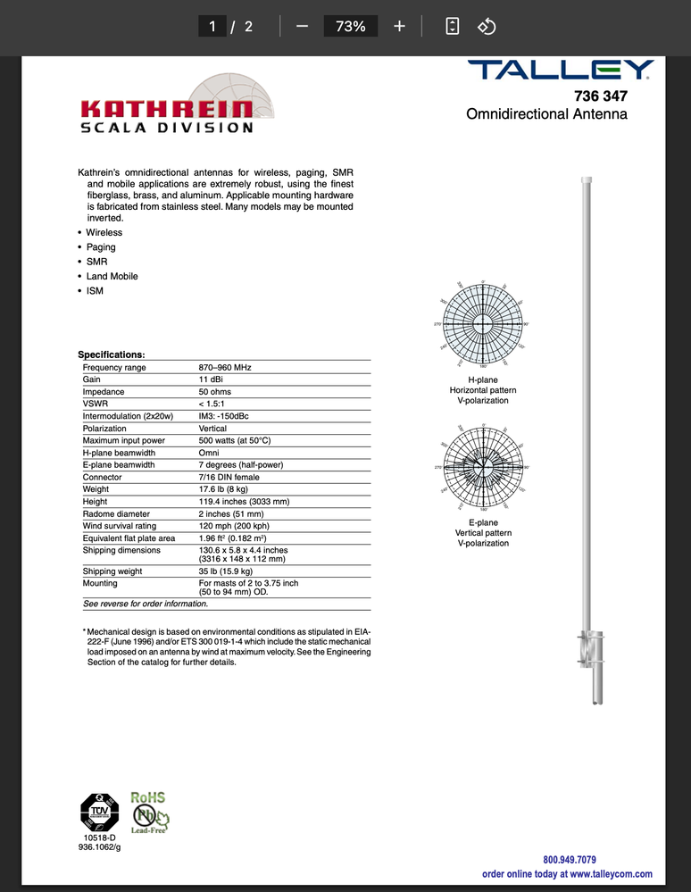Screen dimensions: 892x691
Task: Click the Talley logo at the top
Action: (x=562, y=70)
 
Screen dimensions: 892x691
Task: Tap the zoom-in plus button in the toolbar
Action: (x=399, y=27)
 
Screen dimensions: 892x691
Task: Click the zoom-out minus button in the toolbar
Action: (x=302, y=27)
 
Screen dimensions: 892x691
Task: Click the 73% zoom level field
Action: (x=350, y=27)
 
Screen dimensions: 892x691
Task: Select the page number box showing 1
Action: (x=212, y=27)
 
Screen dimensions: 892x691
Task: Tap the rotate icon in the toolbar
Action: (x=487, y=27)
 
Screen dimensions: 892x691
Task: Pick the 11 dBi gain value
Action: (x=211, y=379)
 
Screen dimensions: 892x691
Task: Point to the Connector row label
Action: (x=103, y=477)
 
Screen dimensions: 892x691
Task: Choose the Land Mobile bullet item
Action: (x=112, y=276)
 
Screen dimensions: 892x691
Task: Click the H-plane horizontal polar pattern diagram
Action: (x=483, y=322)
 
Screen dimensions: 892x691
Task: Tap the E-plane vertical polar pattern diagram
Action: (x=483, y=468)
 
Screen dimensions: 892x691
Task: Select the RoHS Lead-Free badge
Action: (x=149, y=812)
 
